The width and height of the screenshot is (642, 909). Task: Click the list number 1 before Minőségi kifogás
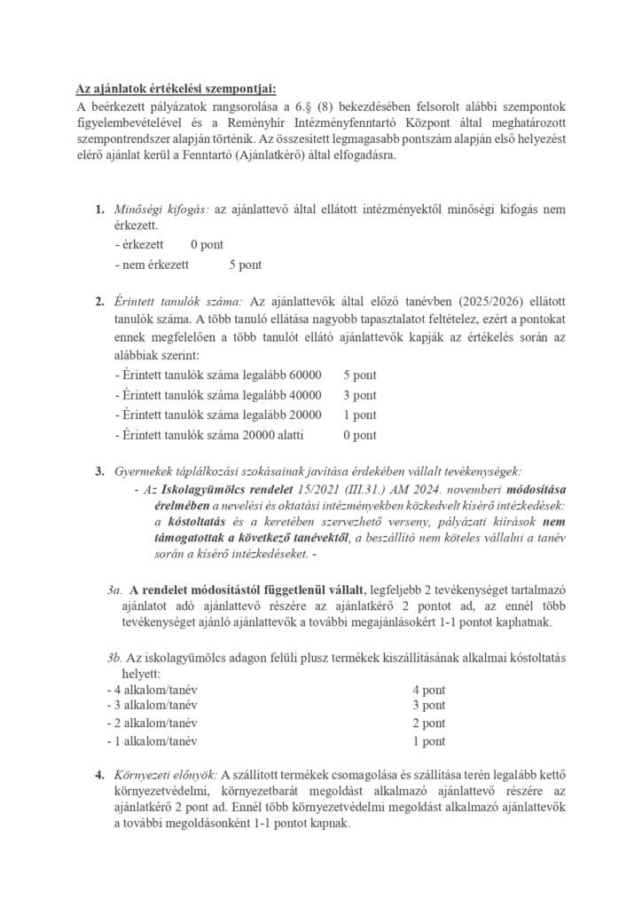coord(98,209)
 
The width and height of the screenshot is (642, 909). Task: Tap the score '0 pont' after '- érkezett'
coord(207,243)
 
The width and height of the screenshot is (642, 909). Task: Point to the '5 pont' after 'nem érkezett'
coord(246,265)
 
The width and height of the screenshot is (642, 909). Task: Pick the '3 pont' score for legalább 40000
coord(360,394)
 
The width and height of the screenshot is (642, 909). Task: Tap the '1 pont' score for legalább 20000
coord(360,415)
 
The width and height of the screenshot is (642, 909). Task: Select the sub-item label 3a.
coord(114,589)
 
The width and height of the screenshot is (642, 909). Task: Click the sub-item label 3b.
coord(114,657)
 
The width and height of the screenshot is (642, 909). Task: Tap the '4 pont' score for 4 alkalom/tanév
coord(429,690)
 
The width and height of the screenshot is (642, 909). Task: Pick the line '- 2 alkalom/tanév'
coord(150,723)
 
